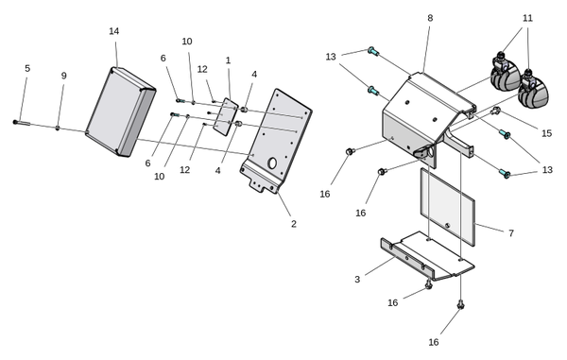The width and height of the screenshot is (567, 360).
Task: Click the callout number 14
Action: pos(114,31)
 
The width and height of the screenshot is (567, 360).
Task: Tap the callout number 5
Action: pos(27,68)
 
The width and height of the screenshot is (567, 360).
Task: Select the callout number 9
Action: pos(64,76)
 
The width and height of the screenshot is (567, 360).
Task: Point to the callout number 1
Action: pos(228,60)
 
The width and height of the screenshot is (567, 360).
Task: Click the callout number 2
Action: pos(294,224)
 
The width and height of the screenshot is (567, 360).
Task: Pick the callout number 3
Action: pos(357,280)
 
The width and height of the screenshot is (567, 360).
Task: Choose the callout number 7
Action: pos(511,233)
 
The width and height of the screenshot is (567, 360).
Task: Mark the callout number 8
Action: pos(430,18)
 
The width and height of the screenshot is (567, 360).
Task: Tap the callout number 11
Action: pos(527,18)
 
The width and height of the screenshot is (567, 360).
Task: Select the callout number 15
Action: pos(547,133)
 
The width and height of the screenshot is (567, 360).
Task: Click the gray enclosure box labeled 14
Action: pos(121,112)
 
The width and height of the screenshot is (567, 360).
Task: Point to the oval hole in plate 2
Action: pos(272,163)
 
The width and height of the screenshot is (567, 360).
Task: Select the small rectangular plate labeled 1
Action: pos(226,117)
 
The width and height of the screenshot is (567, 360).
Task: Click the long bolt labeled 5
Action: pos(22,123)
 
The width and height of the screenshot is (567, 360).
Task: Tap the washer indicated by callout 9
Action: pos(57,128)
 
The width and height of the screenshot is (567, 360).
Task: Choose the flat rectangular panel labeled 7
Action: pos(447,207)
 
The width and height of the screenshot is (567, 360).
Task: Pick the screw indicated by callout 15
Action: pos(495,111)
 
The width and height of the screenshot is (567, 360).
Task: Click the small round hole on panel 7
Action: pos(448,226)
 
